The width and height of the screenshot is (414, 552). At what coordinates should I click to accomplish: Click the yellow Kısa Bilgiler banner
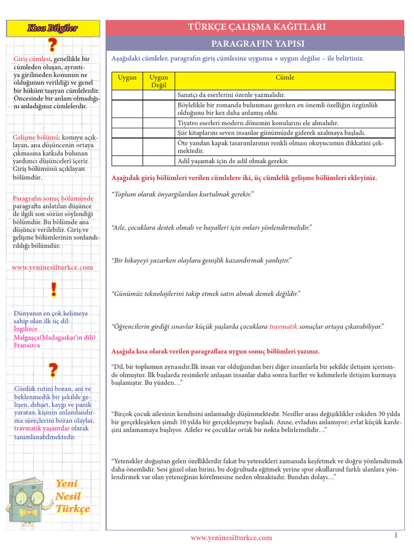(x=53, y=27)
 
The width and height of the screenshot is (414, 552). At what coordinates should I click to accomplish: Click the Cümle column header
(x=285, y=78)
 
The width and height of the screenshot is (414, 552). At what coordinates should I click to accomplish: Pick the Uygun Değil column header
(x=158, y=81)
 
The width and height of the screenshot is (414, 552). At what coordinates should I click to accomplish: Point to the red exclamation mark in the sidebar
(x=53, y=290)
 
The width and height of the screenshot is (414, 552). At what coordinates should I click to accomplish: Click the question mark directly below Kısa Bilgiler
(x=53, y=45)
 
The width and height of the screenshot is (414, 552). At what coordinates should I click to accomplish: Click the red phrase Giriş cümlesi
(x=32, y=59)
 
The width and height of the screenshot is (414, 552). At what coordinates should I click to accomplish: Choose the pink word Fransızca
(x=27, y=345)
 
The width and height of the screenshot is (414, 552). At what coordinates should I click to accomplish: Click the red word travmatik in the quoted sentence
(x=283, y=326)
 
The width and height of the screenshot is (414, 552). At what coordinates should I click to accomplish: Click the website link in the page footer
(x=231, y=537)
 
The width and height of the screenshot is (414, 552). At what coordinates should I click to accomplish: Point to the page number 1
(x=396, y=535)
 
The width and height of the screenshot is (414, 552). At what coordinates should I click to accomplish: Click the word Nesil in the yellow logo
(x=68, y=496)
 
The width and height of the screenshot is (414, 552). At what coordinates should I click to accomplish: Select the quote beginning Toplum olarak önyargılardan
(x=182, y=194)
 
